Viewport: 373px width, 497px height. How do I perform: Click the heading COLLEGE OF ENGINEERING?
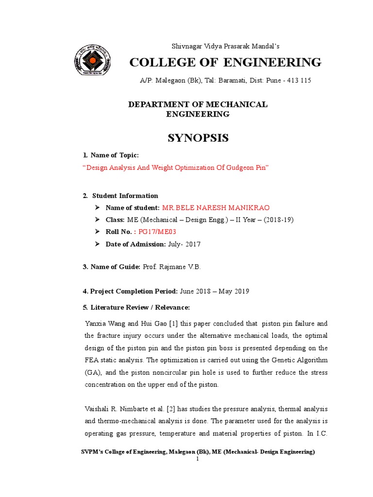point(225,63)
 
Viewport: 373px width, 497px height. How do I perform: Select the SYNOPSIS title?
point(198,138)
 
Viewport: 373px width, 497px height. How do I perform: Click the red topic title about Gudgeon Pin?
point(176,167)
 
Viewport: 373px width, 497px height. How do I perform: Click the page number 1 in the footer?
point(198,459)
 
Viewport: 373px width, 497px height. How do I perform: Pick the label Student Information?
point(125,196)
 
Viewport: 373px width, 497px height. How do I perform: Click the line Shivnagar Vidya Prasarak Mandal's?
point(226,46)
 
